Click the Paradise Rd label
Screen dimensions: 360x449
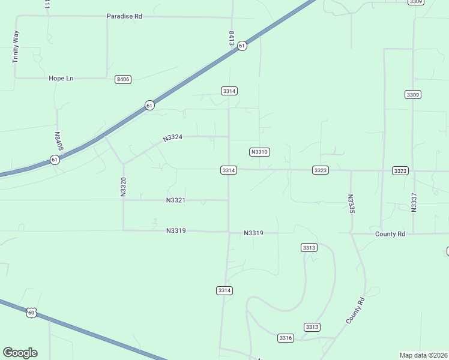(124, 16)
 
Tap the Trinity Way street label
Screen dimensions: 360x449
(16, 47)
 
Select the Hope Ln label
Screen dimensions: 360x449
(61, 78)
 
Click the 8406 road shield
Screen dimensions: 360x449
(123, 79)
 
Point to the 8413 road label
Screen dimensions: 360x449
(231, 38)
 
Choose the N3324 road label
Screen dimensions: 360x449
(172, 138)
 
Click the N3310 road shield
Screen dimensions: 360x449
(259, 152)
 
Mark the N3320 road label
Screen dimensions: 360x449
(123, 187)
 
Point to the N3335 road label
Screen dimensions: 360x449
(352, 203)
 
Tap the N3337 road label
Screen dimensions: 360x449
(414, 202)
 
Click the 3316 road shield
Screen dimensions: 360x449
(286, 338)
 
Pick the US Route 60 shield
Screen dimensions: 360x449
(31, 312)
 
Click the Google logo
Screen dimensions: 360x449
(20, 353)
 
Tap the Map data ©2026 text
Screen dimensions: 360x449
(424, 355)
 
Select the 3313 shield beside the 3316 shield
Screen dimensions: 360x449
(312, 327)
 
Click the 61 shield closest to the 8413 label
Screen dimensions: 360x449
(241, 46)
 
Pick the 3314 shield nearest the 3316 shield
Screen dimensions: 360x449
(224, 290)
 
